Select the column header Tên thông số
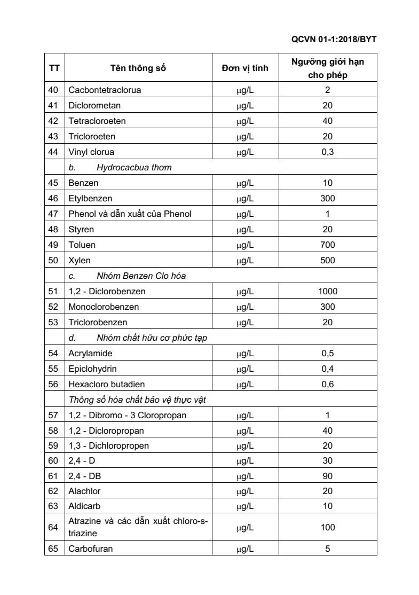tap(138, 68)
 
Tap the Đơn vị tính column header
tap(245, 68)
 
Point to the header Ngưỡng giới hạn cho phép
tap(328, 68)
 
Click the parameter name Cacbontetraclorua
tap(105, 90)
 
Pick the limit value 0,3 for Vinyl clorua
tap(328, 152)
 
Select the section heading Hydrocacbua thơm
tap(134, 167)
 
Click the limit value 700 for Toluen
tap(328, 245)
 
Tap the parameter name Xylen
tap(80, 260)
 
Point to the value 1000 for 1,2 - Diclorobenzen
tap(328, 292)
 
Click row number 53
tap(53, 322)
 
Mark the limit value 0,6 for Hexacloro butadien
tap(328, 384)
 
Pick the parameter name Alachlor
tap(84, 491)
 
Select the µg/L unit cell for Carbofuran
tap(245, 548)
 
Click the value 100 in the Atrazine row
tap(328, 527)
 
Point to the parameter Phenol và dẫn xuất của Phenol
tap(130, 214)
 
